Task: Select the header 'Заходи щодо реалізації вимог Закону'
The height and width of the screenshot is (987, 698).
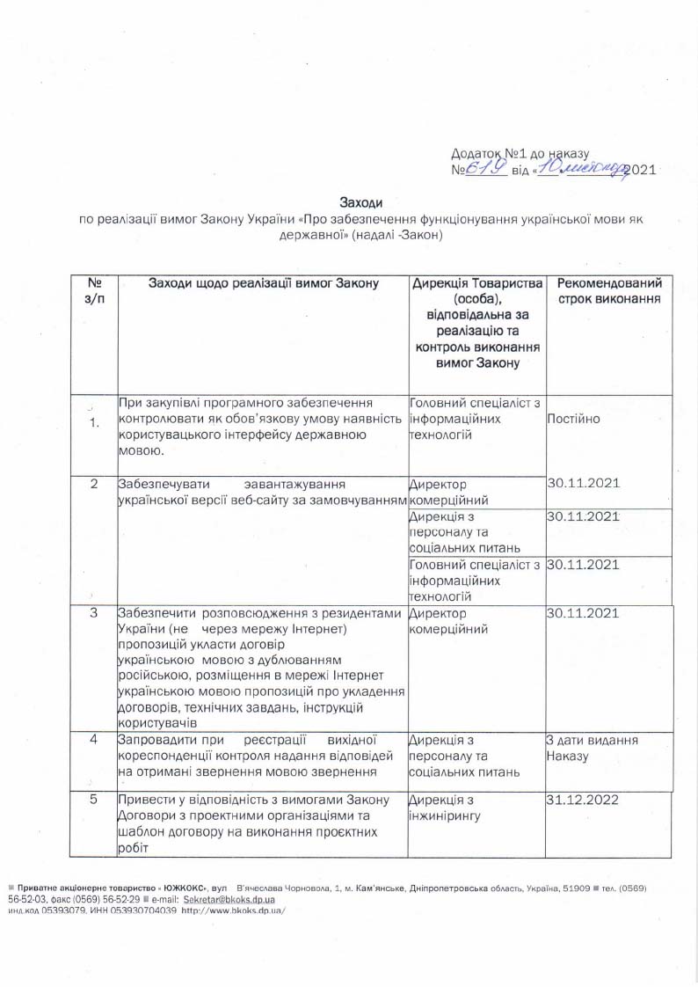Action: click(x=263, y=283)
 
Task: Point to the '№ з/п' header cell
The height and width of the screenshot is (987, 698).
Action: click(x=94, y=291)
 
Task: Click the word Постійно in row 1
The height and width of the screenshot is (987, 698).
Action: click(x=574, y=419)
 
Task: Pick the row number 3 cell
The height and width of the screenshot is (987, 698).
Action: click(x=94, y=613)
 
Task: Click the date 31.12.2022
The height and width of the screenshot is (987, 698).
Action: click(x=584, y=801)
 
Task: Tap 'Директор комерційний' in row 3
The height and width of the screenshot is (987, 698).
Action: click(x=440, y=621)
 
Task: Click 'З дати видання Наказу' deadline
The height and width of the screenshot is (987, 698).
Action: click(x=592, y=749)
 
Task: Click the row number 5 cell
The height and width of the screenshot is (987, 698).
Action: click(x=94, y=800)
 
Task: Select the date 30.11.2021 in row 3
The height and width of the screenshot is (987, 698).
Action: click(x=584, y=613)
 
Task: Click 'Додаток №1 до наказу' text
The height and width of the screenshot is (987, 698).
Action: click(x=525, y=153)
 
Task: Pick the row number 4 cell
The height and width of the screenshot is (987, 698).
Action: click(x=94, y=739)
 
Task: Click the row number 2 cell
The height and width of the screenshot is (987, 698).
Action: click(x=94, y=485)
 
